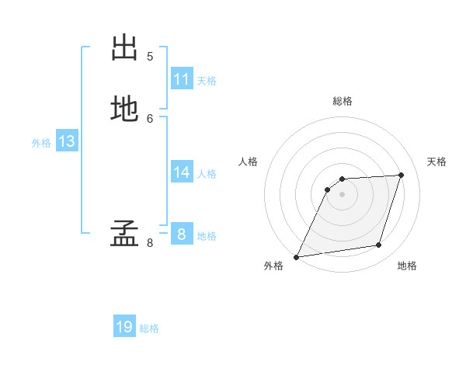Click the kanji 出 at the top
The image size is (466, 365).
[x=124, y=48]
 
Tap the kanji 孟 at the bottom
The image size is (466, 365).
[x=124, y=234]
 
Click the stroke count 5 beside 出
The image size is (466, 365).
[x=150, y=56]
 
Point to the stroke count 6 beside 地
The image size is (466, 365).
[x=150, y=118]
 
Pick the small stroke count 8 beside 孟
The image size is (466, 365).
[x=150, y=243]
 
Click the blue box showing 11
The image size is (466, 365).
[x=182, y=79]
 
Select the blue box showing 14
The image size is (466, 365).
[x=182, y=172]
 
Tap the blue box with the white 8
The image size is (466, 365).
[x=182, y=234]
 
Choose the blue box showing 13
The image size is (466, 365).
[x=67, y=141]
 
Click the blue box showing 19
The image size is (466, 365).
[x=124, y=327]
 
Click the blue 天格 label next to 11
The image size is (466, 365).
[x=207, y=81]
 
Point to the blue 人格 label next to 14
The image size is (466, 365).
[x=207, y=174]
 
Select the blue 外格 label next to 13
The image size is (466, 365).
[x=41, y=143]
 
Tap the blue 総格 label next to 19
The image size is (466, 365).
[x=149, y=328]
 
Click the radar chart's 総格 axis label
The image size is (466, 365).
[x=343, y=101]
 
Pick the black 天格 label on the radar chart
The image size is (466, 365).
[x=436, y=162]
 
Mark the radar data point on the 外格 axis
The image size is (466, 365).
[x=296, y=257]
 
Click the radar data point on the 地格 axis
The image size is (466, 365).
[x=379, y=245]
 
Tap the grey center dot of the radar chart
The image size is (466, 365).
[x=343, y=194]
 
